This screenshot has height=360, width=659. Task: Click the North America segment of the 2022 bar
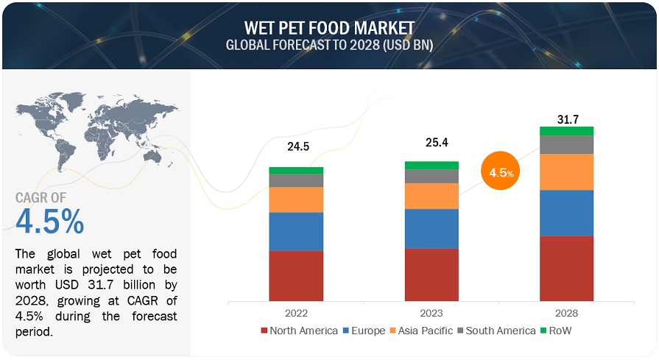296,276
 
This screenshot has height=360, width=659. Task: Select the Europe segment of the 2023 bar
431,229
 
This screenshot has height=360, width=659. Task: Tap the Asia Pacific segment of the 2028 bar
566,172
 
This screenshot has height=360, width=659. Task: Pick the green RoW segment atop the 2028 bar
566,131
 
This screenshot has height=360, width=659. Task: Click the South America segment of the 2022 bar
296,180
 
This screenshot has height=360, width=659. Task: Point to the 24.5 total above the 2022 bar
297,147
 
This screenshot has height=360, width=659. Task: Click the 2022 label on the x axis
296,311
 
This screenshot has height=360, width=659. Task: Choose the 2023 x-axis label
431,311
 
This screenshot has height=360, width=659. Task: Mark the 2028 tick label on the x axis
566,311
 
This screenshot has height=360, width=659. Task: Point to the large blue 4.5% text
49,221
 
